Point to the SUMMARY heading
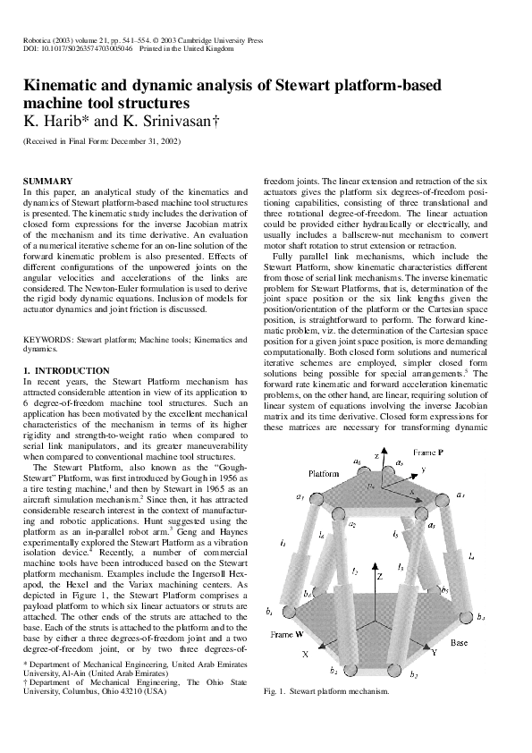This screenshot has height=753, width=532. click(x=48, y=182)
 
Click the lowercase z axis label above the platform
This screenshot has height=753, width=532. click(x=377, y=456)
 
